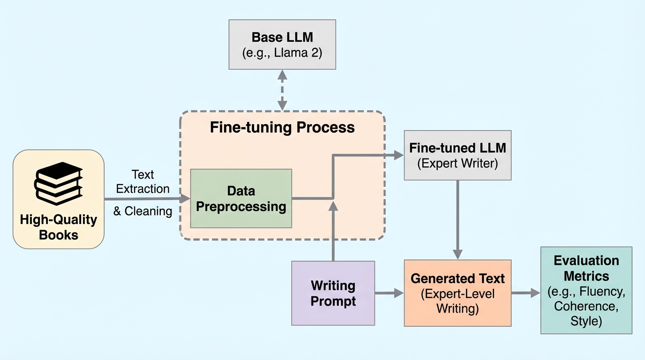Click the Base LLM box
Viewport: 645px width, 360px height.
pos(282,45)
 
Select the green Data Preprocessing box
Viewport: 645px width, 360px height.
pos(241,198)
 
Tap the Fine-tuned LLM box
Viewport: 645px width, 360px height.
pos(457,155)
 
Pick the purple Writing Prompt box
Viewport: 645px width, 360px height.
pos(333,293)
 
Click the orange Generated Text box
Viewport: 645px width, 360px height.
pos(457,293)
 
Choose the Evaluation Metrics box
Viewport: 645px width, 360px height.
pos(586,290)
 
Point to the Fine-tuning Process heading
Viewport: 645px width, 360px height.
pos(282,127)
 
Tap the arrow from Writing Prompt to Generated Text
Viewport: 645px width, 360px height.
pos(389,293)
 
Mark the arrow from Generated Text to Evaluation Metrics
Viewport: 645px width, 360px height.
pos(525,293)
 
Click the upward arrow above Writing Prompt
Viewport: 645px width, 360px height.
pos(333,230)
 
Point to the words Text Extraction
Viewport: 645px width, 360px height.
pos(143,182)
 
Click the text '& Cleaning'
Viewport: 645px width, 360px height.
pos(143,211)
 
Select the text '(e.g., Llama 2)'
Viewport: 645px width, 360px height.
pos(282,52)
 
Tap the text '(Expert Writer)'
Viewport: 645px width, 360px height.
pos(457,164)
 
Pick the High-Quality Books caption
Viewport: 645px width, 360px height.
pos(59,227)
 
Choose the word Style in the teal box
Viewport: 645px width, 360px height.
pos(586,321)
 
